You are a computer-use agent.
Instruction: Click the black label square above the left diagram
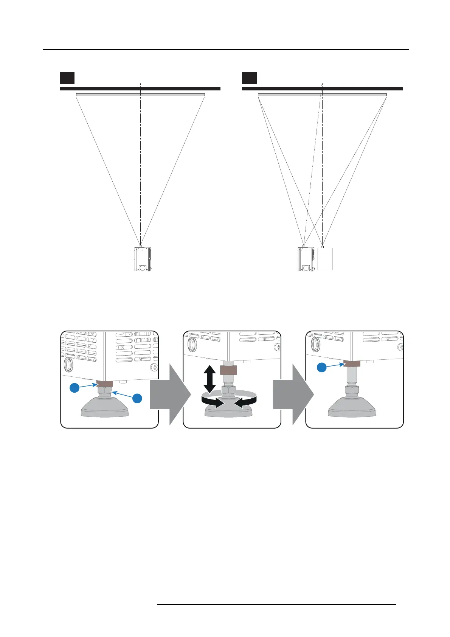(67, 78)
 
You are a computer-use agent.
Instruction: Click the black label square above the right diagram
(249, 78)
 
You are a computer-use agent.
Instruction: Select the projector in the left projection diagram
(143, 259)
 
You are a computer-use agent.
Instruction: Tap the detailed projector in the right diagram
(306, 259)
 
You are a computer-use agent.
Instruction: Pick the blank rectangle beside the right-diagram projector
(325, 259)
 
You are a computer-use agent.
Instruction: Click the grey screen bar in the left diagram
(140, 95)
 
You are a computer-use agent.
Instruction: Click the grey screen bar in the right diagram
(322, 95)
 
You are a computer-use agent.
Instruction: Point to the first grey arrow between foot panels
(170, 393)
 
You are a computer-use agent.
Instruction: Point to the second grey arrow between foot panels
(293, 393)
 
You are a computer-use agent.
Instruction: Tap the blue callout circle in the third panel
(321, 367)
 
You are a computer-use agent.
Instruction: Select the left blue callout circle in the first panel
(75, 388)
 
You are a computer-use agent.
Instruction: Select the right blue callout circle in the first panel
(137, 398)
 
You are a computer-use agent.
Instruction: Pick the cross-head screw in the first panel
(154, 367)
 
